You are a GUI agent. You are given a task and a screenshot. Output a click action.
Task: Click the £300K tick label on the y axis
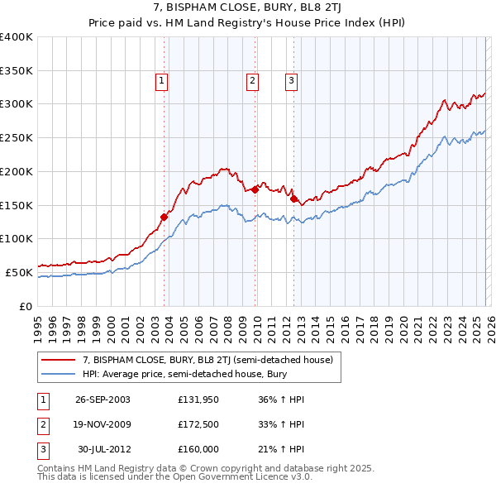tap(17, 104)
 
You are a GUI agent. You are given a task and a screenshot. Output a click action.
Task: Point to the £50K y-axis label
tap(19, 272)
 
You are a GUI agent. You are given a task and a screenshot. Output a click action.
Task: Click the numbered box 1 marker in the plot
tap(160, 80)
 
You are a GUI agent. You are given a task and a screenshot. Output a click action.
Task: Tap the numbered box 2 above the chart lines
tap(251, 80)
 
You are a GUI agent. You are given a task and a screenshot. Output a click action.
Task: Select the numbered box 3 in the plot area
tap(292, 80)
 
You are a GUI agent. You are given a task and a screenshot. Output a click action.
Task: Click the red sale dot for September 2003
tap(165, 218)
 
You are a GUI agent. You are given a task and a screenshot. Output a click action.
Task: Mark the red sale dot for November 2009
tap(255, 189)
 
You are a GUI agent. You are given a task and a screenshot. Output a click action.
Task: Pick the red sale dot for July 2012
tap(294, 199)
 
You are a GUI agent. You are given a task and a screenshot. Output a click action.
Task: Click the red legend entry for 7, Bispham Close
tap(207, 360)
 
